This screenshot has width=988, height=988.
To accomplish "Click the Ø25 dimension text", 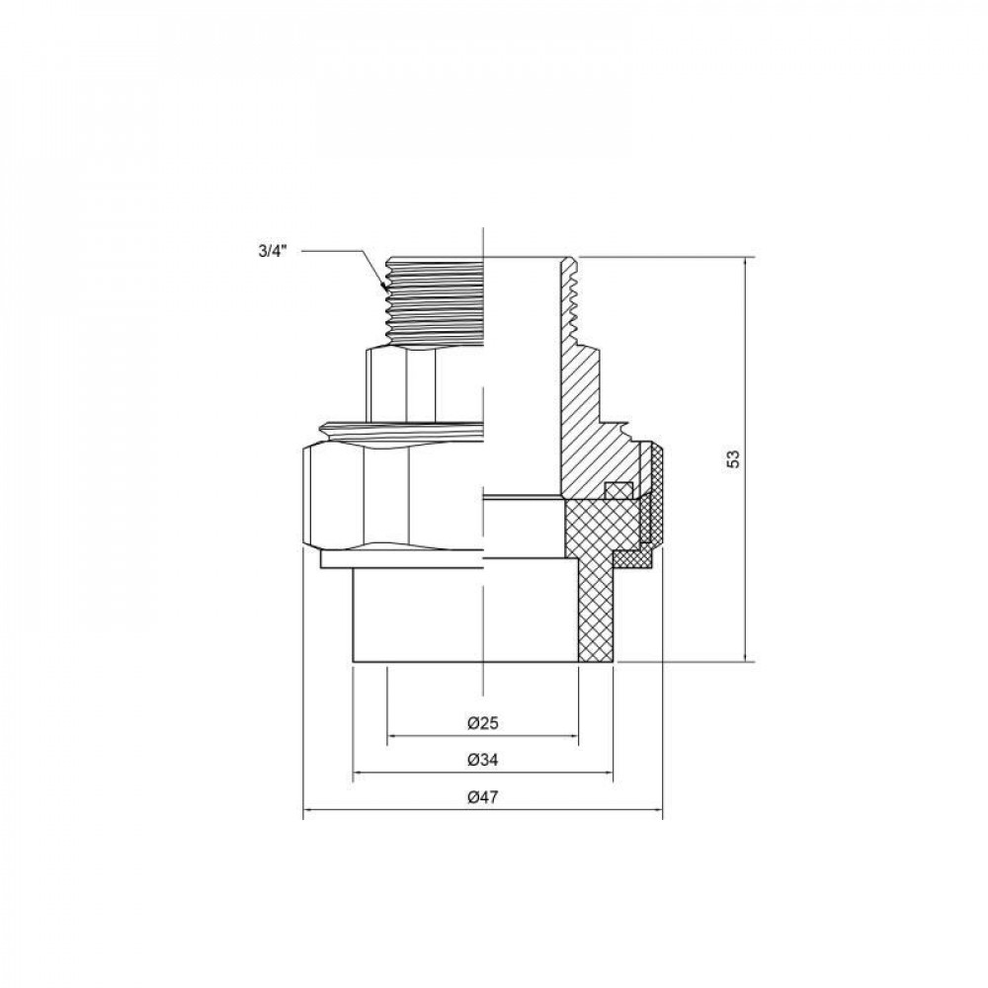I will (481, 723).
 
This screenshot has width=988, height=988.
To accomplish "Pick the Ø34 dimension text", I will (481, 760).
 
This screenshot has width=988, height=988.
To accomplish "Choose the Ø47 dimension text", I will (481, 797).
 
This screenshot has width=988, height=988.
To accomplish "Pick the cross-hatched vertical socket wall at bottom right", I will (596, 613).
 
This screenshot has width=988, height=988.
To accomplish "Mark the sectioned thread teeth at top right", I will (570, 296).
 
